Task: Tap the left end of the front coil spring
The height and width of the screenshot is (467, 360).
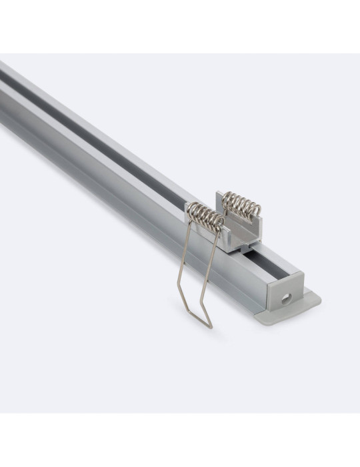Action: point(189,208)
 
